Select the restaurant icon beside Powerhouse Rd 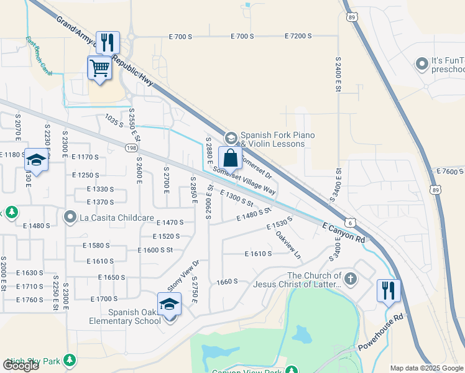tap(389, 291)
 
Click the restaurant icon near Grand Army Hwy tap(108, 43)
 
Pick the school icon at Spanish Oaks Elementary tap(168, 305)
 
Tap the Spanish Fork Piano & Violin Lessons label tap(277, 139)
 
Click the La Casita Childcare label tap(109, 218)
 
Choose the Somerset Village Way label tap(244, 180)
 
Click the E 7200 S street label tap(298, 37)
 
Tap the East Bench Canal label tap(39, 56)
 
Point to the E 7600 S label tap(451, 172)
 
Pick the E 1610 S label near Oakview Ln tap(259, 254)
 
